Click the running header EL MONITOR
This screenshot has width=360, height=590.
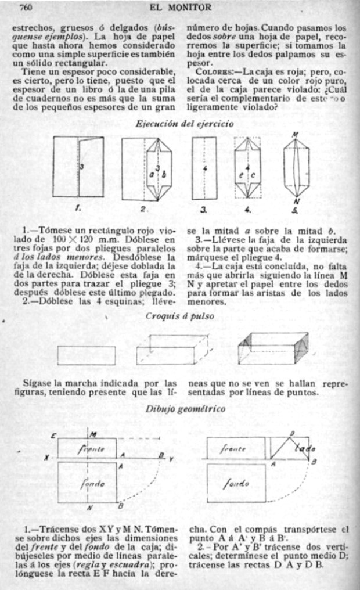click(x=180, y=8)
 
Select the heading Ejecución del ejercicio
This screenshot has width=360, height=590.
click(x=184, y=123)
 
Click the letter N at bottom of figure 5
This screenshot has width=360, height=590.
click(x=297, y=201)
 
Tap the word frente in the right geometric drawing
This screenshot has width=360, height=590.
click(x=236, y=448)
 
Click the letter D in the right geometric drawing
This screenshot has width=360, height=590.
click(x=292, y=433)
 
